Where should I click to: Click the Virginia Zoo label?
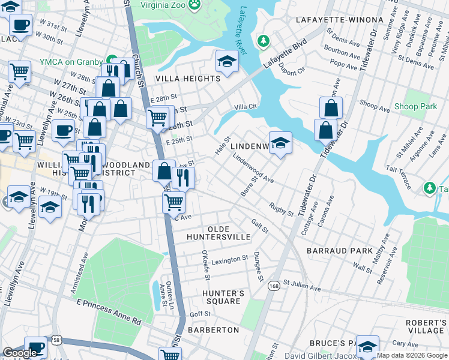pos(164,4)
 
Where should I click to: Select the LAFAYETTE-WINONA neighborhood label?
pos(339,20)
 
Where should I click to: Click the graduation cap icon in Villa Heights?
pos(227,61)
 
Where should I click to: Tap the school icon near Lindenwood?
pos(280,143)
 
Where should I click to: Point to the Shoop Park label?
pos(415,107)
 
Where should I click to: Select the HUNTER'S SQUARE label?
pos(223,297)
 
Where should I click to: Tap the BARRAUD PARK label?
pos(340,250)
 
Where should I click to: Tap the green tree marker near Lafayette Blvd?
pos(262,41)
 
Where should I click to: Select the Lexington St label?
pos(230,259)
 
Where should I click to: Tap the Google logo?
pos(20,353)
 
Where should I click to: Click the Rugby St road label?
pos(282,209)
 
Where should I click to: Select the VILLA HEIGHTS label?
pos(188,79)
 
